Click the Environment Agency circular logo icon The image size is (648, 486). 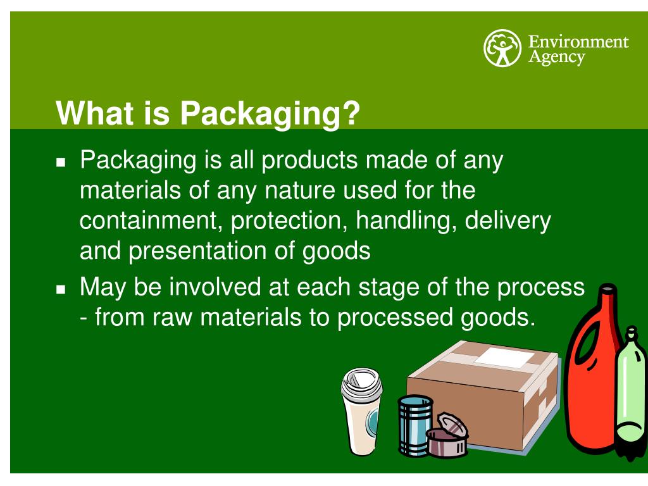(x=501, y=49)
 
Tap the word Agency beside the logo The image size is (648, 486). (x=557, y=57)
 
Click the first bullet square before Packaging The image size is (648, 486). (x=61, y=163)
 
